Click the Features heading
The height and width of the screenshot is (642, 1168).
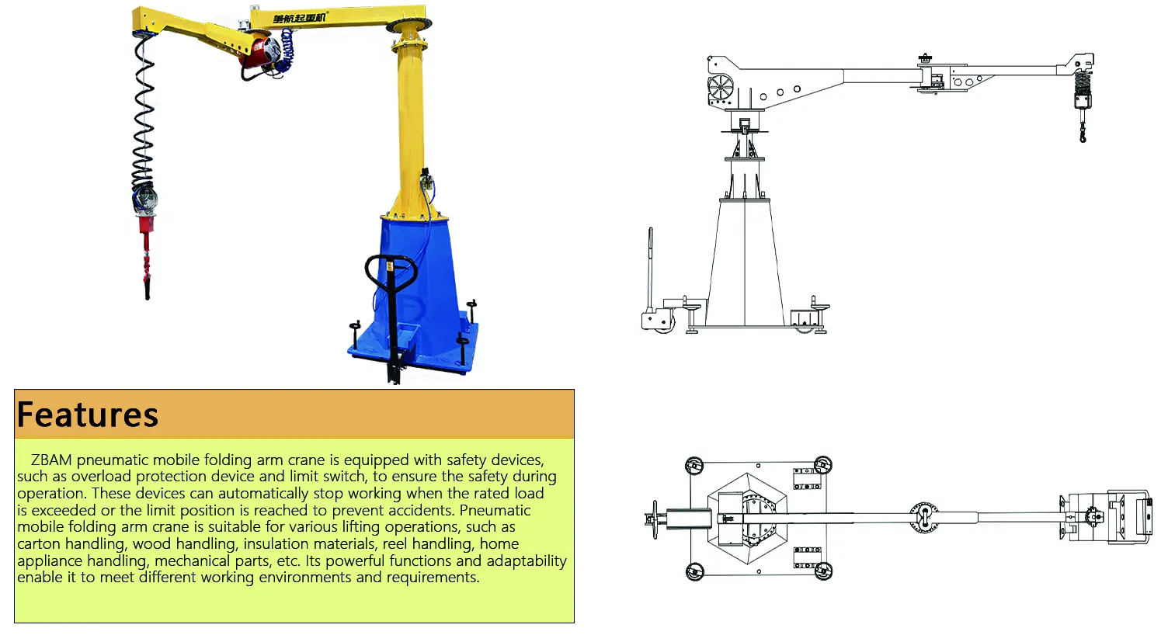[x=88, y=415]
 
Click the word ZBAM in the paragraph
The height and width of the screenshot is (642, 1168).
[x=51, y=460]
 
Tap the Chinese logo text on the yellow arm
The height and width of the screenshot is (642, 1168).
[x=299, y=18]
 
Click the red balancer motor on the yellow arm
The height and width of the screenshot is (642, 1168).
[x=261, y=52]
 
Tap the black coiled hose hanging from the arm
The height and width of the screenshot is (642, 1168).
[x=144, y=115]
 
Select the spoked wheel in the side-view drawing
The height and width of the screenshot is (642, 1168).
[x=721, y=88]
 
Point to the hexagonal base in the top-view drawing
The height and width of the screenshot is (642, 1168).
[x=747, y=519]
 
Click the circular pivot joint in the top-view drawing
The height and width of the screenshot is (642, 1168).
[x=924, y=518]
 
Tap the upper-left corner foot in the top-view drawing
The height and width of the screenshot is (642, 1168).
[x=694, y=465]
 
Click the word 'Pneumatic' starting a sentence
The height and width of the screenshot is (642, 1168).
[x=495, y=510]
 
